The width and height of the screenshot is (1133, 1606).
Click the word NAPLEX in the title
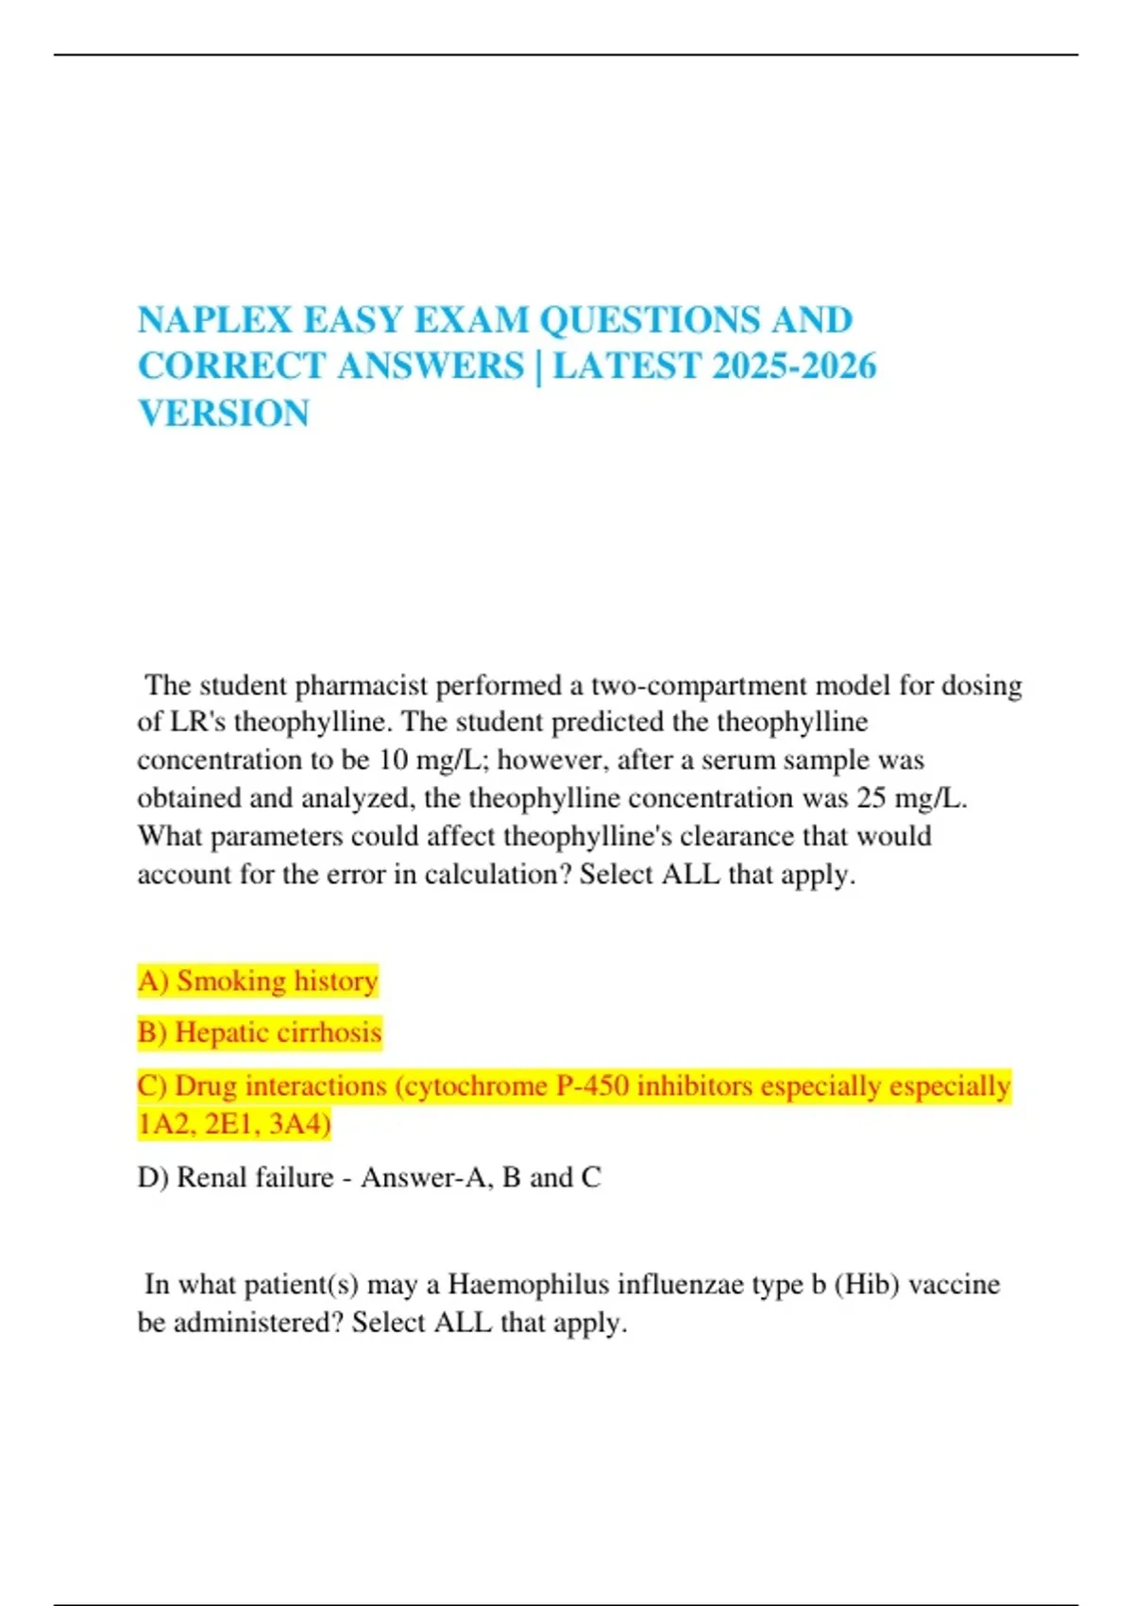click(215, 320)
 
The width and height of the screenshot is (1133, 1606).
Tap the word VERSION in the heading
click(224, 414)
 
